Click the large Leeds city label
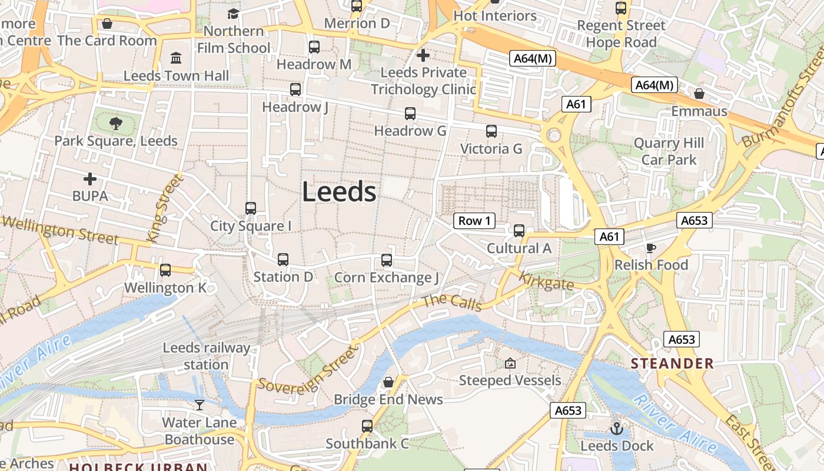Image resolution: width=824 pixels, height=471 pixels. click(339, 192)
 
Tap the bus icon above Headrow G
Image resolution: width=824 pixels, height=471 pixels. click(410, 114)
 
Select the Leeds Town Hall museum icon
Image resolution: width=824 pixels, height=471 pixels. click(176, 58)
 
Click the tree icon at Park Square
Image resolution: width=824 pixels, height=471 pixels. click(116, 124)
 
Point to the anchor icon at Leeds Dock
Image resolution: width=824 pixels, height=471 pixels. click(617, 429)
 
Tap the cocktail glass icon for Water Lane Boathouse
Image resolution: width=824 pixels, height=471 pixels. click(200, 404)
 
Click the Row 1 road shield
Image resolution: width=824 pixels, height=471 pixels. click(474, 221)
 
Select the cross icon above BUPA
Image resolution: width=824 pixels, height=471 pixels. click(90, 178)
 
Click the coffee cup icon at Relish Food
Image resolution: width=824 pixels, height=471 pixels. click(651, 248)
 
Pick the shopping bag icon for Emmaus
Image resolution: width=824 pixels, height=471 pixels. click(699, 94)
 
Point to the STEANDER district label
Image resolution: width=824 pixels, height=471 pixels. click(672, 363)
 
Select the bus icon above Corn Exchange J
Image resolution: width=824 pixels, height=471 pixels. click(387, 260)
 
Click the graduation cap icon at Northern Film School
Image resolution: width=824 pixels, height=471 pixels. click(234, 14)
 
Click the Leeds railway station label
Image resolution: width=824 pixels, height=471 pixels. click(206, 356)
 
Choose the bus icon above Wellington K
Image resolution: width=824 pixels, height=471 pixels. click(165, 270)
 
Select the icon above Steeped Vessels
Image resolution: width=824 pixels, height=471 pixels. click(510, 363)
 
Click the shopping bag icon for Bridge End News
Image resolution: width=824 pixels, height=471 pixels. click(388, 382)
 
